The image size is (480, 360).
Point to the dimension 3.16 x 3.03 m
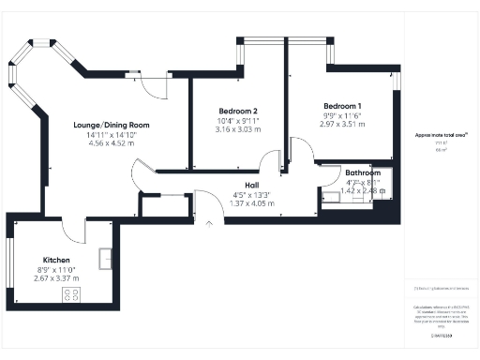tap(236, 129)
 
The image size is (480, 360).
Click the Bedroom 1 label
tap(342, 105)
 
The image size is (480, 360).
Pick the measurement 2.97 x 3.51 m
tap(342, 123)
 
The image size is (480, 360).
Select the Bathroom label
tap(362, 174)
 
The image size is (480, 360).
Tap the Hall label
tap(252, 185)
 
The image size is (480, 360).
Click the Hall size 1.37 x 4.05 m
tap(252, 202)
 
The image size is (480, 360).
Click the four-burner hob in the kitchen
tap(71, 296)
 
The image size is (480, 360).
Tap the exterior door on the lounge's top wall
tap(150, 86)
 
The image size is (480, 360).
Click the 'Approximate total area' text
tap(442, 135)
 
